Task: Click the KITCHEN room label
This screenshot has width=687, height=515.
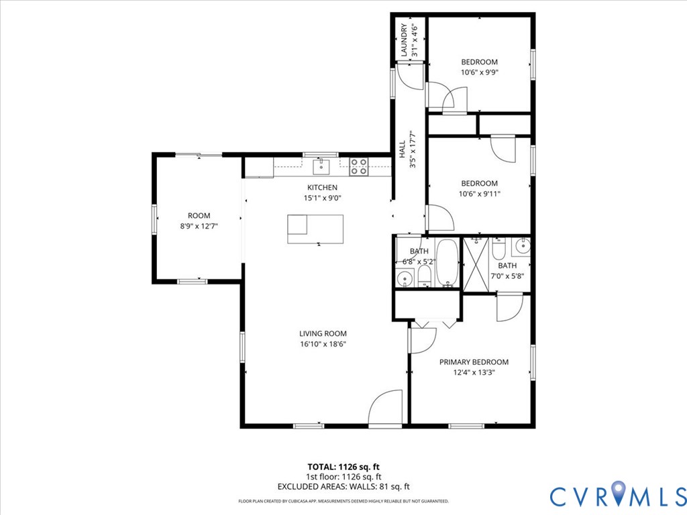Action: click(x=322, y=187)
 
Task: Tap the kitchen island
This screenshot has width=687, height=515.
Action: click(x=315, y=229)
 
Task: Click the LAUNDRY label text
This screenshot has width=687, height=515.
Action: click(x=404, y=40)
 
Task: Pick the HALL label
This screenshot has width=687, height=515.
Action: click(x=402, y=149)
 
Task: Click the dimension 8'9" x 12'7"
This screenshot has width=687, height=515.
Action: click(x=199, y=227)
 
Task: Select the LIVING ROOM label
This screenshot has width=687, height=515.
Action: click(x=323, y=333)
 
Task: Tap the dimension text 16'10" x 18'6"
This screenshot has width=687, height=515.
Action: click(x=323, y=344)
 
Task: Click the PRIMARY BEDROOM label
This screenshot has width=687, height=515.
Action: click(x=474, y=362)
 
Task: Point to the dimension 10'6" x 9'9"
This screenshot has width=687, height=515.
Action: click(x=479, y=72)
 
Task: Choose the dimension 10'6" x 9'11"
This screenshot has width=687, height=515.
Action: click(x=479, y=194)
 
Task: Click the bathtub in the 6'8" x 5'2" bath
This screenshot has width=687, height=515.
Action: click(x=447, y=263)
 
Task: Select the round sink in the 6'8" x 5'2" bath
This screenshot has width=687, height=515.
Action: click(x=404, y=278)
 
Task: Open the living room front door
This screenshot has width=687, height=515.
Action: click(x=385, y=410)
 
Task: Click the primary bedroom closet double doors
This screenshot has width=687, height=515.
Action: click(x=433, y=323)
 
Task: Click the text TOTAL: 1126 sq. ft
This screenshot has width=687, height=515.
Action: click(x=343, y=467)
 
